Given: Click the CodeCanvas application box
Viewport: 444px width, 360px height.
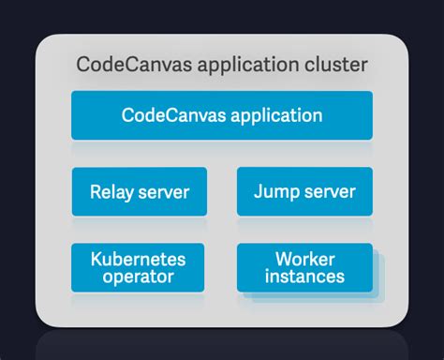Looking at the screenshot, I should click(x=222, y=115).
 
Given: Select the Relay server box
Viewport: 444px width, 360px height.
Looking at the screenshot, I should click(x=140, y=192).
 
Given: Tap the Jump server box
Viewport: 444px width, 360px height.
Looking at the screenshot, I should click(x=304, y=192).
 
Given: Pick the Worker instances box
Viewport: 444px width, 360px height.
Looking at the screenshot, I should click(x=304, y=268).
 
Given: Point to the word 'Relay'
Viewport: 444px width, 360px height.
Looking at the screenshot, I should click(x=111, y=192).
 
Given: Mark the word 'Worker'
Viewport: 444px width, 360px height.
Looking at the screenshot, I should click(x=304, y=259).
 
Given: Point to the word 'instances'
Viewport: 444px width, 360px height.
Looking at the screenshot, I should click(x=304, y=277).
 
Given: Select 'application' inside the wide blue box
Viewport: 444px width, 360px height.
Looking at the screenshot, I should click(x=272, y=115).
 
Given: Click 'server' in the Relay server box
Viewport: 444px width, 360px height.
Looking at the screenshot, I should click(x=163, y=192).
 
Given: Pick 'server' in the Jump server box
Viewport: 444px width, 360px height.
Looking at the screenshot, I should click(x=329, y=192).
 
